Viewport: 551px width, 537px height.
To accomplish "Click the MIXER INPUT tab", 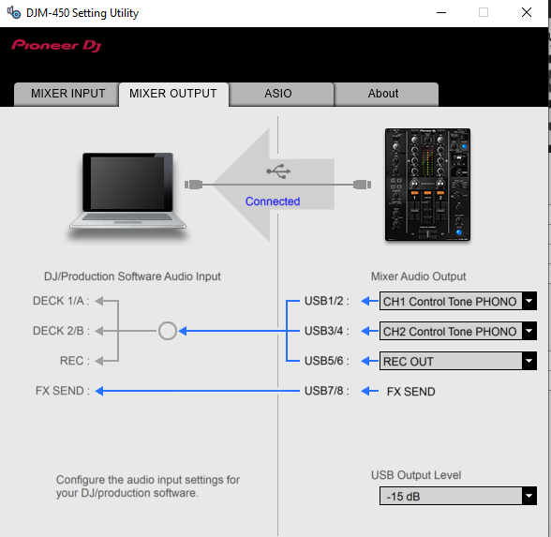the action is (67, 94).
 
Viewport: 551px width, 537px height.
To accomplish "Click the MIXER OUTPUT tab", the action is (173, 94).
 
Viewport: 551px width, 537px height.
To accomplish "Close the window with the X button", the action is (526, 13).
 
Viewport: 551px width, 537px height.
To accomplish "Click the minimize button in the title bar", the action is (441, 13).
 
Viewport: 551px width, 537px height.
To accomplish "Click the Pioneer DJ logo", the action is (56, 46).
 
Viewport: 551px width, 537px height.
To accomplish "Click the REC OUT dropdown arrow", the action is (529, 361).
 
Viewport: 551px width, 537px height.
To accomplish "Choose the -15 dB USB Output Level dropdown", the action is (458, 497).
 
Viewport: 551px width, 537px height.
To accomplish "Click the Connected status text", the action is (273, 201).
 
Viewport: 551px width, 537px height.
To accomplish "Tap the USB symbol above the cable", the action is (278, 172).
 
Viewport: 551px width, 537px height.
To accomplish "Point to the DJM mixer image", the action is (427, 185).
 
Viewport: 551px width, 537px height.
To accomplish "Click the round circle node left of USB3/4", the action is (167, 331).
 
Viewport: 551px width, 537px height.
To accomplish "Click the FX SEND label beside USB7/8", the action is (410, 392).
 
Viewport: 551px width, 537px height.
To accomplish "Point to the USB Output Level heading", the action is (416, 475).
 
